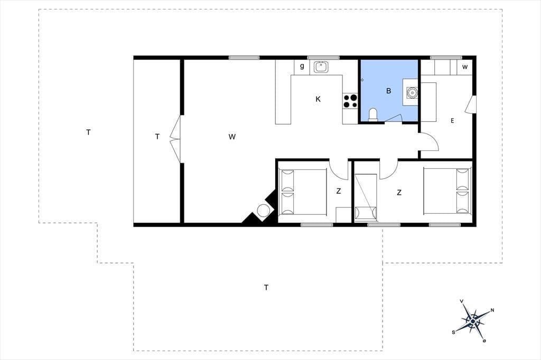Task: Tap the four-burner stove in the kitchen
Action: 350,101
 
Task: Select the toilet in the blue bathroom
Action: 373,115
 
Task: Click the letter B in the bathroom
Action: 389,91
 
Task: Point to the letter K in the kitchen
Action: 318,99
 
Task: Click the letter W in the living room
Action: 232,137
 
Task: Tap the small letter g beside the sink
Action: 302,66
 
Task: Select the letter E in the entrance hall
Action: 452,121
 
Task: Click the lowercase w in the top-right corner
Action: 465,67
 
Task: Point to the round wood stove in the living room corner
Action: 264,210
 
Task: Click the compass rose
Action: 473,321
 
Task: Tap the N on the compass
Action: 492,310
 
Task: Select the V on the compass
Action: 462,301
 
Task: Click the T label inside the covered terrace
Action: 157,137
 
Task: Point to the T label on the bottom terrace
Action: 266,287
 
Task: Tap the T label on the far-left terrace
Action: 88,132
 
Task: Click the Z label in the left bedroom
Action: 339,191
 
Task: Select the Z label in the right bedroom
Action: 399,193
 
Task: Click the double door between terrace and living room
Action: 175,139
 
